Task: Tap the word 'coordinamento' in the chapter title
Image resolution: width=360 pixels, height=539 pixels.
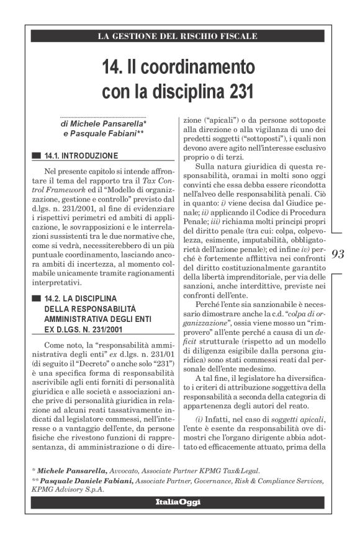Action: [x=202, y=66]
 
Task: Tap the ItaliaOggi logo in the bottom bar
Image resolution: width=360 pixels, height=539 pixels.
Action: [x=178, y=502]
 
